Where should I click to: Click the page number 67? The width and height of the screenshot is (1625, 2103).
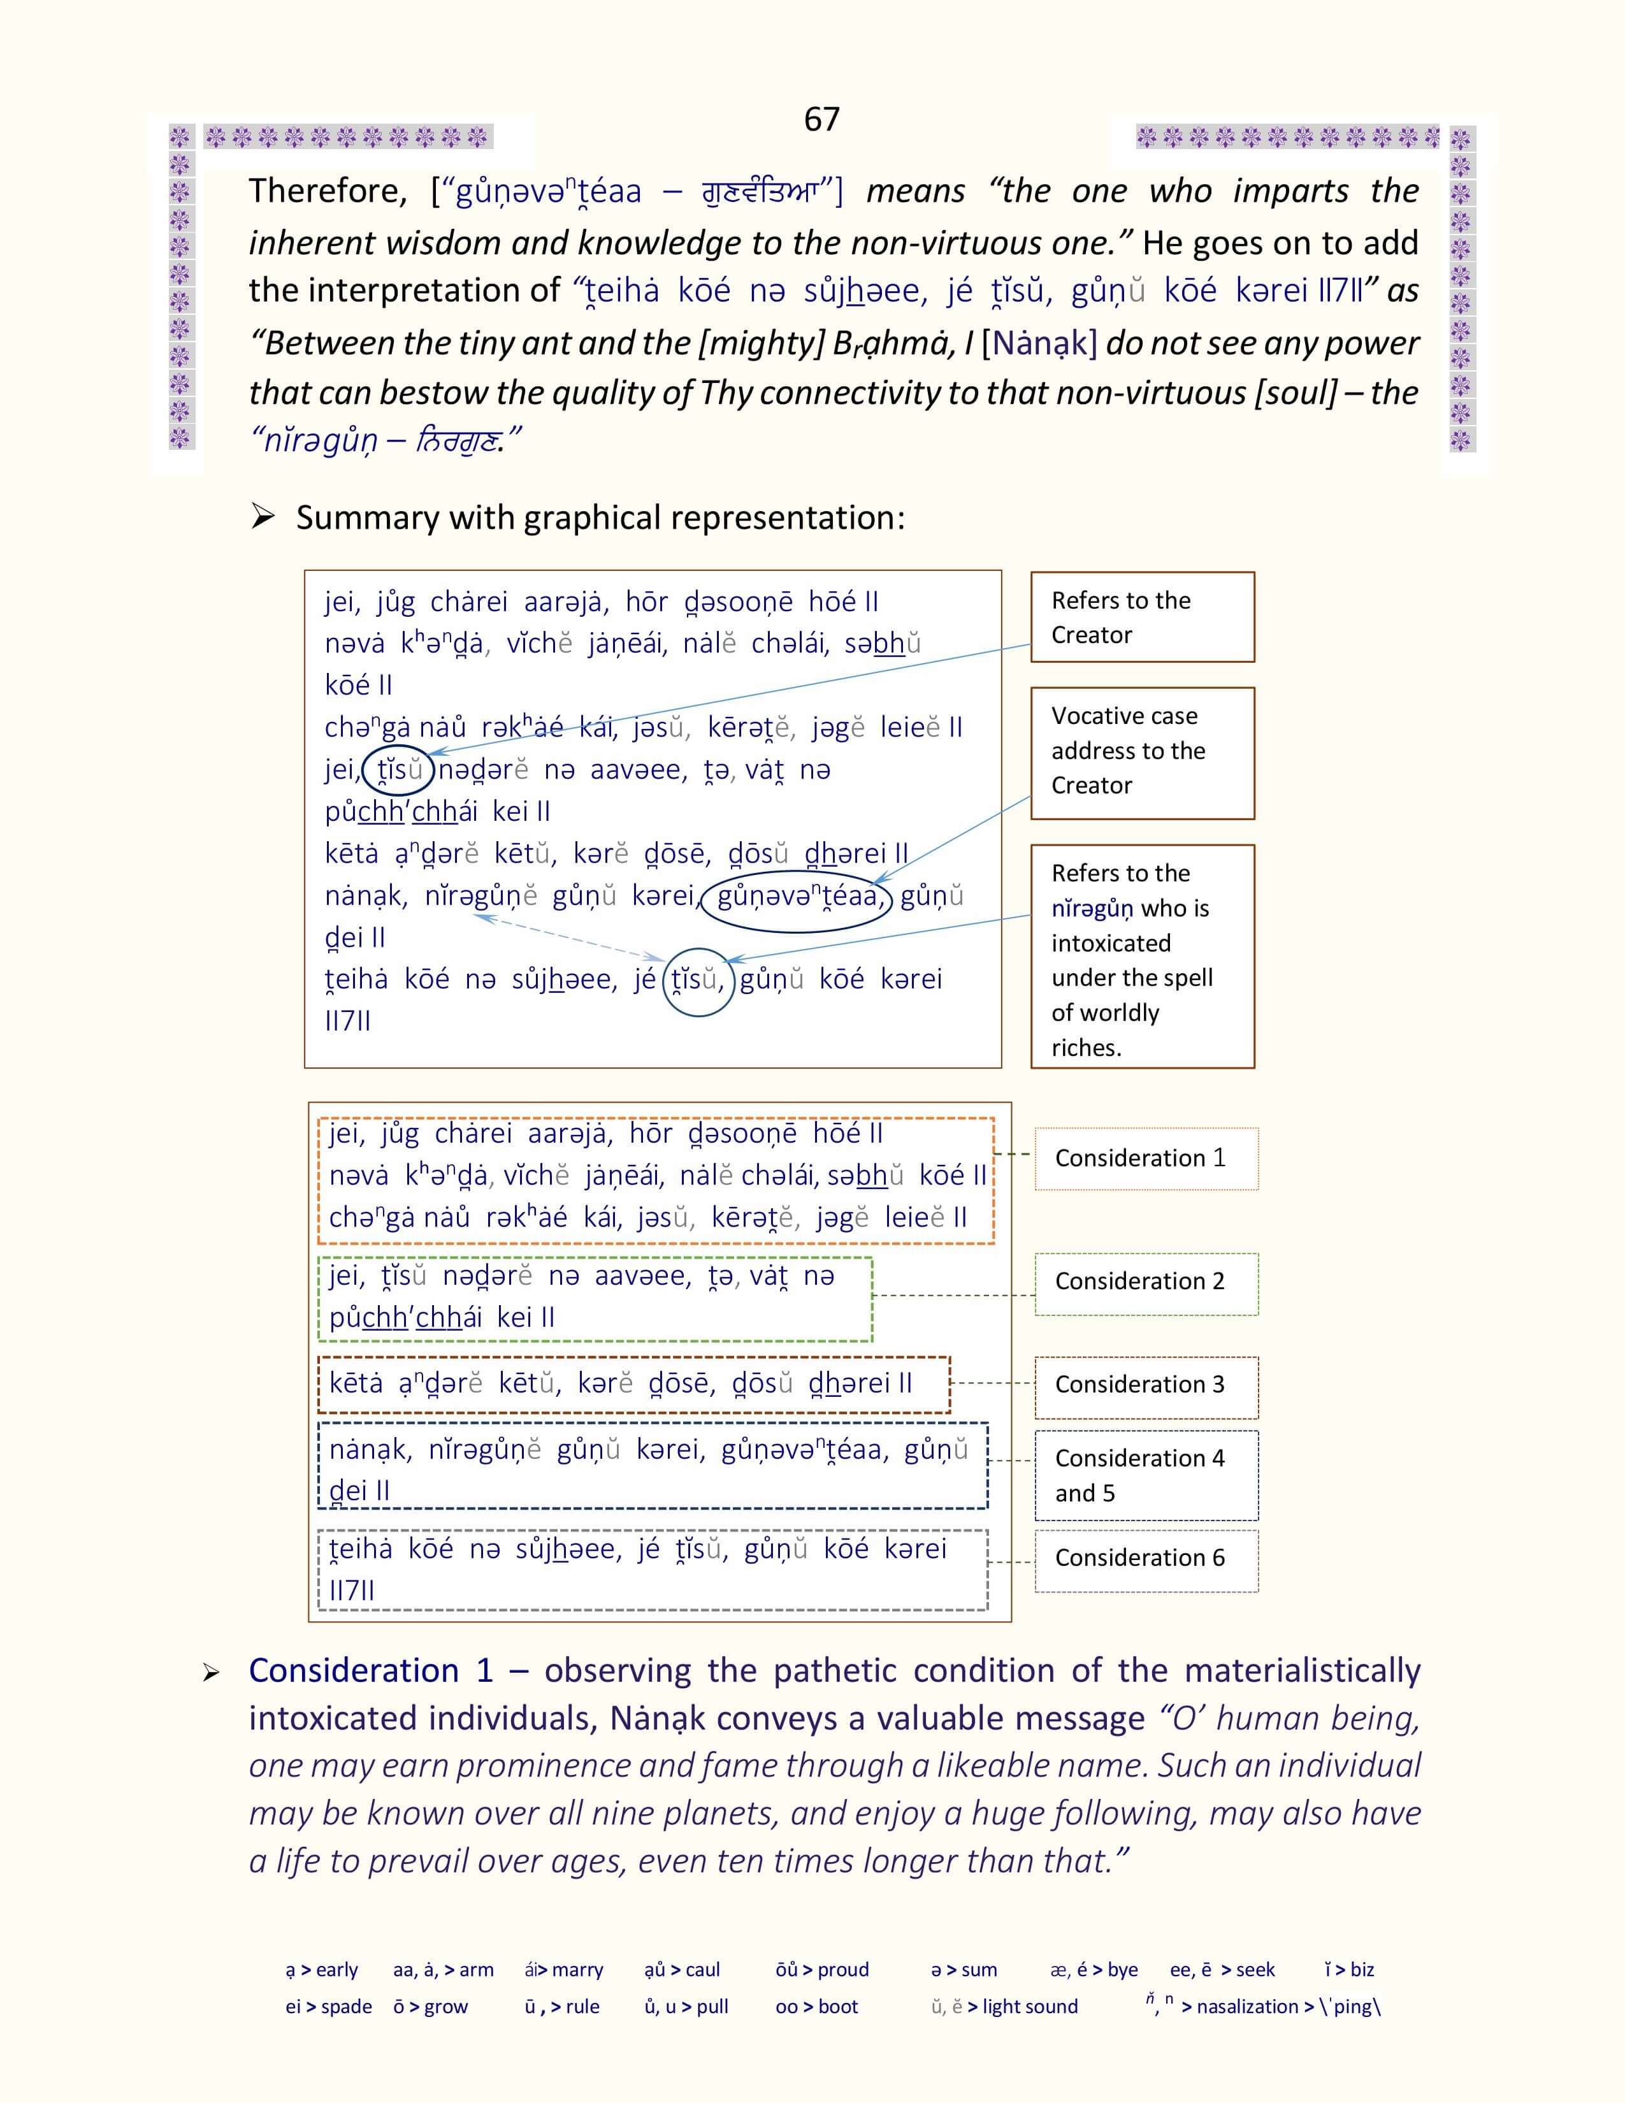pos(821,119)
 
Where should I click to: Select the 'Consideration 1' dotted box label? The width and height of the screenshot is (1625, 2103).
pos(1146,1159)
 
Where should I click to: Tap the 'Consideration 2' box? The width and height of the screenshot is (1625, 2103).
pos(1146,1283)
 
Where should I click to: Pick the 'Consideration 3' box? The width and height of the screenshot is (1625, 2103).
pos(1146,1385)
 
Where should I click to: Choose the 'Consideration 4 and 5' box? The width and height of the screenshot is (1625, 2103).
pos(1146,1475)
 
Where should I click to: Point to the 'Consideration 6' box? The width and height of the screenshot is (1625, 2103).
pos(1146,1558)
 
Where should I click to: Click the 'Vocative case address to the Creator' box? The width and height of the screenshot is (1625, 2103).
pos(1142,752)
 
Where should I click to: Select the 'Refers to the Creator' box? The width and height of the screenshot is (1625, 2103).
pos(1142,618)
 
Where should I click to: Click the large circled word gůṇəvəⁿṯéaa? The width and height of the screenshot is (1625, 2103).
pos(797,897)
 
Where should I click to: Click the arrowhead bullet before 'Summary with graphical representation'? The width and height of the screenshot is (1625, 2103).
pos(262,517)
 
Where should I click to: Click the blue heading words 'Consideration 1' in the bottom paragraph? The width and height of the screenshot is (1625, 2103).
pos(371,1671)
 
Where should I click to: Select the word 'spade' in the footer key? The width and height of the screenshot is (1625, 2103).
pos(347,2007)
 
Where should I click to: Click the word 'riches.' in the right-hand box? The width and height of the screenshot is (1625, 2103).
pos(1086,1048)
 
